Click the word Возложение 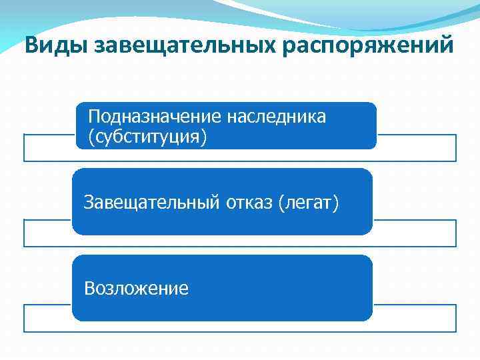(x=136, y=288)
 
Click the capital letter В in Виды (x=31, y=46)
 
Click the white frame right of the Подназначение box (x=416, y=148)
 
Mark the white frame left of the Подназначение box (x=48, y=148)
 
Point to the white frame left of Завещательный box (x=47, y=233)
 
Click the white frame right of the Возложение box (x=413, y=318)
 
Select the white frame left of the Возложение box (x=47, y=318)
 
